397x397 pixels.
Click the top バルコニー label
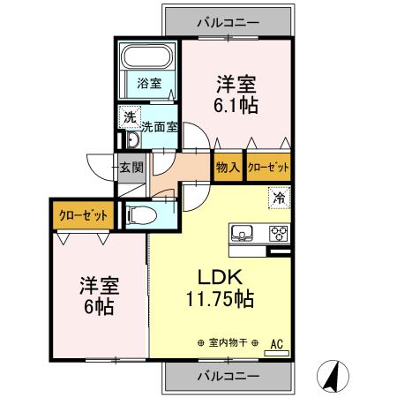point(227,22)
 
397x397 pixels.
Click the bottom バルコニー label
point(227,375)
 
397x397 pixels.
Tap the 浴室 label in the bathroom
point(148,85)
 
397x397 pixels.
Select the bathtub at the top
point(148,58)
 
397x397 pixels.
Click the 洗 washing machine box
point(130,116)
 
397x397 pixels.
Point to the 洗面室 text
point(160,126)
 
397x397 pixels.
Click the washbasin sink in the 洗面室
point(132,142)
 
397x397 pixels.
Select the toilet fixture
point(141,214)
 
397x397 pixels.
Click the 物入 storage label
point(227,166)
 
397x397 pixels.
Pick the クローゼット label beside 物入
point(268,166)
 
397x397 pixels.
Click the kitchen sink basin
point(242,234)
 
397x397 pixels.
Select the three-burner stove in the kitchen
point(278,234)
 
